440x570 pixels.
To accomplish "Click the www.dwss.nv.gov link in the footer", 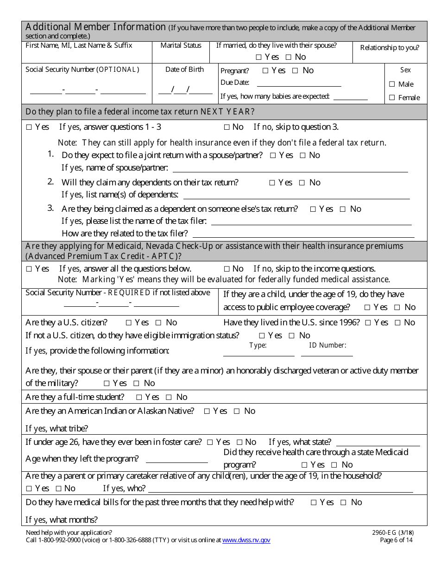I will tap(246, 540).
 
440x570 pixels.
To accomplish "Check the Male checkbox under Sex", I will tap(392, 84).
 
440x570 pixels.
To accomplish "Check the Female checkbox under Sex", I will tap(392, 98).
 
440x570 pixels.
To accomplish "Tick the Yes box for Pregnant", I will tap(265, 71).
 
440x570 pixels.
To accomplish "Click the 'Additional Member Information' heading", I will tap(95, 27).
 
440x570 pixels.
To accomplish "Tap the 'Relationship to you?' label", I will tap(390, 48).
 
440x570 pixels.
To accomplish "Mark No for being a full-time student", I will tap(169, 397).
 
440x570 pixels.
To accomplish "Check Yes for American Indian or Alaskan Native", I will tap(207, 411).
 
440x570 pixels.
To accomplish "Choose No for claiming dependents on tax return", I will tap(302, 183).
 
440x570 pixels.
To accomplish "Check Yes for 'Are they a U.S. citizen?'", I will tap(129, 323).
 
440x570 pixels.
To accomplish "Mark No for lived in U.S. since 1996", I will tap(397, 323).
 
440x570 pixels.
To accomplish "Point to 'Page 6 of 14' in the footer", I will tap(396, 540).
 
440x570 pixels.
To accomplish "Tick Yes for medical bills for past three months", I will tap(314, 502).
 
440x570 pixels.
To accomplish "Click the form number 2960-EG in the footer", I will tap(387, 533).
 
